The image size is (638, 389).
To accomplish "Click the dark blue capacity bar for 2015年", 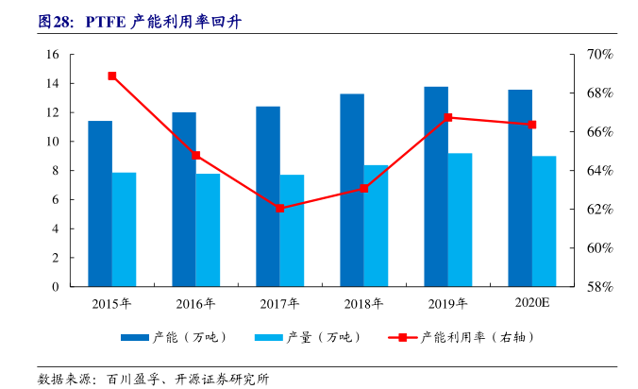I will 100,203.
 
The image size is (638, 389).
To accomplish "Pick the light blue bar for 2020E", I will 544,221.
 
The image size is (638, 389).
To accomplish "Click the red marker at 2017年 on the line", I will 280,208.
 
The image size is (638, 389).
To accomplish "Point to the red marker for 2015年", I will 112,76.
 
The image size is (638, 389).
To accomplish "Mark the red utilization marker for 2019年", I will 448,118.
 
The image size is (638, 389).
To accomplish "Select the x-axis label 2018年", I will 364,303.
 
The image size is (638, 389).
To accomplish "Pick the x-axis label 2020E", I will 532,303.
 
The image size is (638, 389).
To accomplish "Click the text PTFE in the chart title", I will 105,21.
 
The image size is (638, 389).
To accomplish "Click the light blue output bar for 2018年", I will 376,226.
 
